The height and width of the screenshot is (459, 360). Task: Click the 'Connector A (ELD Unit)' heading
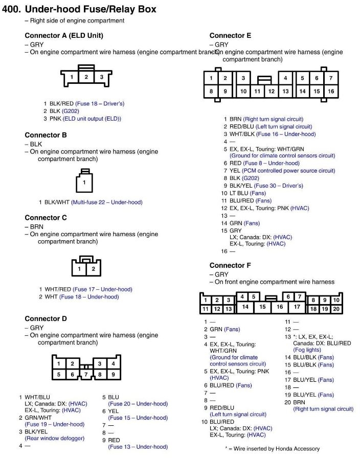point(64,36)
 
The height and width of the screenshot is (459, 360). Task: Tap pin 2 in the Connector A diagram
point(86,77)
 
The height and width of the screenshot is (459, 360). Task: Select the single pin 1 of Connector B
point(84,182)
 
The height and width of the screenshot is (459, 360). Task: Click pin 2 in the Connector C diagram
point(93,268)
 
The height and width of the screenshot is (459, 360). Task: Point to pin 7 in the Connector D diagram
point(86,375)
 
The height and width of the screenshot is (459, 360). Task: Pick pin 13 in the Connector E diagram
point(285,91)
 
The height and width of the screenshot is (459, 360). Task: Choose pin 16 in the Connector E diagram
point(331,91)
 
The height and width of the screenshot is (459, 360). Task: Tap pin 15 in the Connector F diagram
point(262,307)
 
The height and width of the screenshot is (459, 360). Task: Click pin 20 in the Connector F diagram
point(336,309)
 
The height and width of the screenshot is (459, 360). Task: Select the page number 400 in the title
point(11,9)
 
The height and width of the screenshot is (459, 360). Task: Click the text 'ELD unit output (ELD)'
point(92,119)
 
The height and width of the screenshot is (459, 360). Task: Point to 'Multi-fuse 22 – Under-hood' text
point(107,202)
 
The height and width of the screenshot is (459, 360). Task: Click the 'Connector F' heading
point(230,265)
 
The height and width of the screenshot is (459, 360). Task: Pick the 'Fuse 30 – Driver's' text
point(278,186)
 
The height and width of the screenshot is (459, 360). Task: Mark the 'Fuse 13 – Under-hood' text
point(138,447)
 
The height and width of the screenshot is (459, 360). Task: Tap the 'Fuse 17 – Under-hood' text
point(102,289)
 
